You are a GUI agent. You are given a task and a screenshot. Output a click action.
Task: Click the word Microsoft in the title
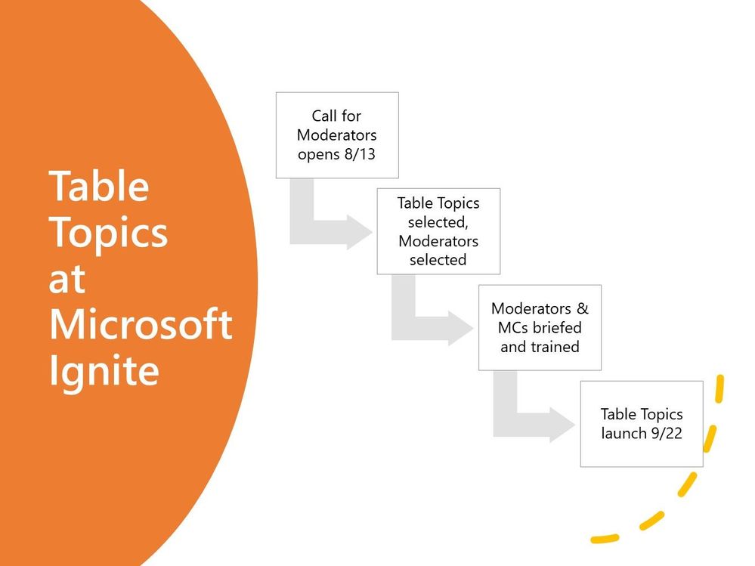(141, 324)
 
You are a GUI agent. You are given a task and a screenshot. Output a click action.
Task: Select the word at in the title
(67, 279)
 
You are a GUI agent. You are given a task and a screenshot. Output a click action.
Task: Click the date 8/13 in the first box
(360, 154)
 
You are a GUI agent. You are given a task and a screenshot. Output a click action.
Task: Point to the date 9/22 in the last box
(667, 433)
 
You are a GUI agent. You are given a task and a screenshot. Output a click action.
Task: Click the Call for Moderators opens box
(337, 135)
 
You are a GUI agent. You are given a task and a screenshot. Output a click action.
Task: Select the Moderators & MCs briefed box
(540, 328)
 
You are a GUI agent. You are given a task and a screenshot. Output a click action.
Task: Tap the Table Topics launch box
(642, 424)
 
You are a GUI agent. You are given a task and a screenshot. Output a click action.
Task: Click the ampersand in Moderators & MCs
(582, 308)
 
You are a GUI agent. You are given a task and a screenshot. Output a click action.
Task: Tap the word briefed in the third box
(558, 327)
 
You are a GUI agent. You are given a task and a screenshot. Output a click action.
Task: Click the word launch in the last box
(623, 433)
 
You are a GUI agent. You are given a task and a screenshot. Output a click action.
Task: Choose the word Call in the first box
(323, 116)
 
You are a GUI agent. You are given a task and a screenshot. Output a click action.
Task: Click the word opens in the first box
(319, 155)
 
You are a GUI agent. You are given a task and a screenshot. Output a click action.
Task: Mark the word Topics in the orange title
(108, 233)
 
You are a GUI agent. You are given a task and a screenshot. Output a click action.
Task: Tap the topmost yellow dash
(719, 389)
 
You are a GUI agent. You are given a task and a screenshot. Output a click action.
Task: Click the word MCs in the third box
(515, 327)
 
